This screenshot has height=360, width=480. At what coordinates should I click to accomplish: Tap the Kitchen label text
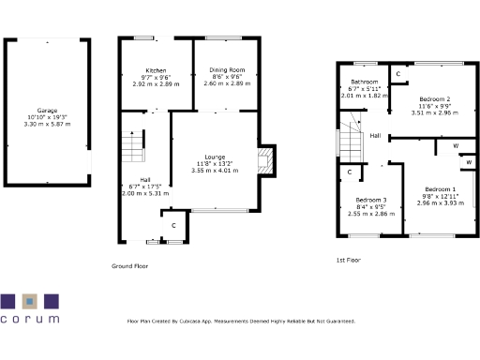pyautogui.click(x=155, y=70)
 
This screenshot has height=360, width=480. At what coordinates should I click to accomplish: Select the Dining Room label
pyautogui.click(x=226, y=70)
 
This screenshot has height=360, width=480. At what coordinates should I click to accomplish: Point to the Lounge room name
pyautogui.click(x=216, y=157)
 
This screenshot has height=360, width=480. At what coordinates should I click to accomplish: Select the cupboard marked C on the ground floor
pyautogui.click(x=173, y=225)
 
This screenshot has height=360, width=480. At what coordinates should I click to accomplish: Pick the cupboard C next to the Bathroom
pyautogui.click(x=397, y=73)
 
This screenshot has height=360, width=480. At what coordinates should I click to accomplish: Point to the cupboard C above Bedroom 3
pyautogui.click(x=349, y=172)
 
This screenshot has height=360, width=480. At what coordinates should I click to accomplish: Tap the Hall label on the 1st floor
pyautogui.click(x=374, y=136)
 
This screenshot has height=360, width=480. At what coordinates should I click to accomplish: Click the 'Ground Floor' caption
pyautogui.click(x=130, y=266)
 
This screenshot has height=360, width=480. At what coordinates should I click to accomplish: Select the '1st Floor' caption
pyautogui.click(x=349, y=260)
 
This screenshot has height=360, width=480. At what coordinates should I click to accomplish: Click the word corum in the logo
pyautogui.click(x=30, y=320)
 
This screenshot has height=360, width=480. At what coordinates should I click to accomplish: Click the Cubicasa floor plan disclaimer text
pyautogui.click(x=241, y=322)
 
